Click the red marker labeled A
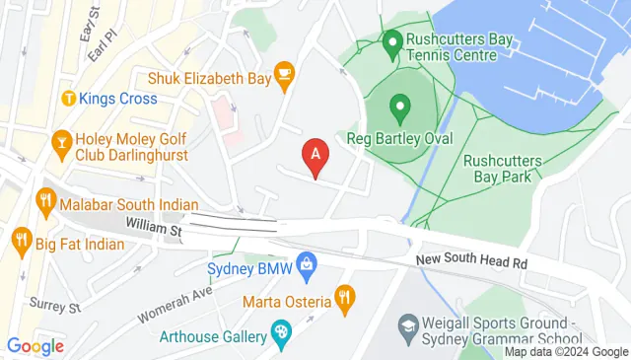point(315,154)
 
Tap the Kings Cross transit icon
point(69,99)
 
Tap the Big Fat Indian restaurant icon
point(20,239)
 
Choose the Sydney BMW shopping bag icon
point(309,263)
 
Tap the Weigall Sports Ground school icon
point(407,324)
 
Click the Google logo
point(35,346)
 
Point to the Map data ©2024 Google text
point(567,352)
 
